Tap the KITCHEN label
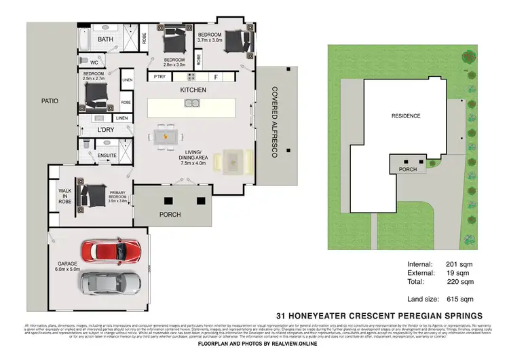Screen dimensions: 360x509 tap(193, 90)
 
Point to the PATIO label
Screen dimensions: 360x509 tap(50, 101)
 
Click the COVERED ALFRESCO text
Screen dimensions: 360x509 tap(274, 122)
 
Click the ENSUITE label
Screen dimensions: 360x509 tap(107, 156)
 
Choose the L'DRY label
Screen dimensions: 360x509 tap(105, 129)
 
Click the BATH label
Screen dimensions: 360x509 tap(105, 39)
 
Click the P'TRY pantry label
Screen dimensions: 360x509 tap(160, 77)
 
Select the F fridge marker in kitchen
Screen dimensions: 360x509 tap(216, 77)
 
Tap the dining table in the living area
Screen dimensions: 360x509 tap(163, 137)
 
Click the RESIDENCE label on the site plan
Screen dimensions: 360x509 tap(406, 115)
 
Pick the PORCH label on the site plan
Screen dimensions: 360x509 tap(407, 169)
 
